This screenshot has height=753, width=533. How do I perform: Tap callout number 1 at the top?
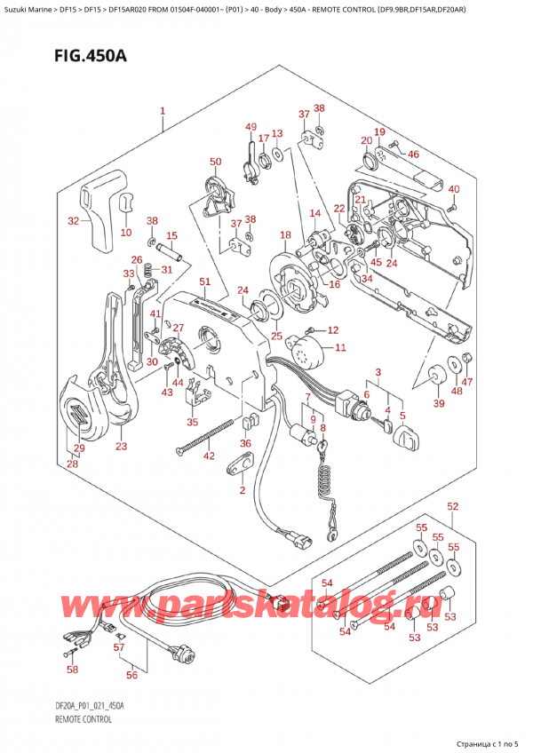(163, 111)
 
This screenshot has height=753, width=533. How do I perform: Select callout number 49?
(251, 127)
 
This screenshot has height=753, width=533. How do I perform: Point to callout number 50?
(216, 162)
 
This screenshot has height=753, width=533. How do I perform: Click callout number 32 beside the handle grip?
(73, 221)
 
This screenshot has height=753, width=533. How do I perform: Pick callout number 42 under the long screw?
(209, 456)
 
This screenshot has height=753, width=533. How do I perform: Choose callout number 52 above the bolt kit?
(453, 506)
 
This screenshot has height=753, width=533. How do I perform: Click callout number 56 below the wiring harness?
(131, 675)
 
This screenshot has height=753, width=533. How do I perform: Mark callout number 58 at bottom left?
(72, 669)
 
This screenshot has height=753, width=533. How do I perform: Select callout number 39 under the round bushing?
(439, 403)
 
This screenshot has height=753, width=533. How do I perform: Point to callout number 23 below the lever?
(121, 446)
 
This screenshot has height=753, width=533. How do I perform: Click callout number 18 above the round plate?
(285, 234)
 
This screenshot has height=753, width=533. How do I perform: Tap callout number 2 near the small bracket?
(243, 490)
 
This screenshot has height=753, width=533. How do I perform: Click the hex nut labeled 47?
(465, 357)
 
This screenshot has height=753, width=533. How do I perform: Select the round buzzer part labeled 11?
(306, 348)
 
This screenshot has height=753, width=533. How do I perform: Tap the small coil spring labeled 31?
(148, 270)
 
